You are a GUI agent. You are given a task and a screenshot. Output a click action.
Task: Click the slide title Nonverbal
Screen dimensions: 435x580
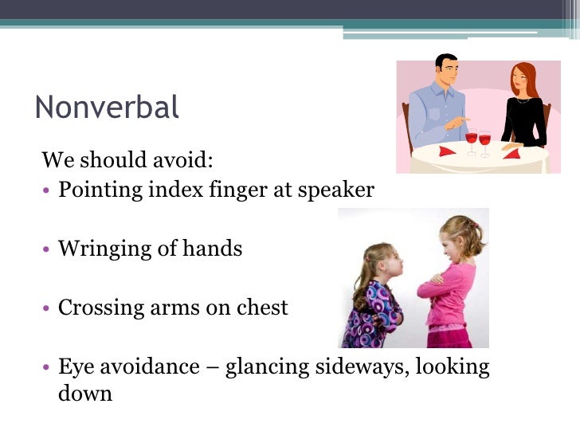107,107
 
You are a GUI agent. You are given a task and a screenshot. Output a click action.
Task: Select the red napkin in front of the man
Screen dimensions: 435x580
447,151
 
